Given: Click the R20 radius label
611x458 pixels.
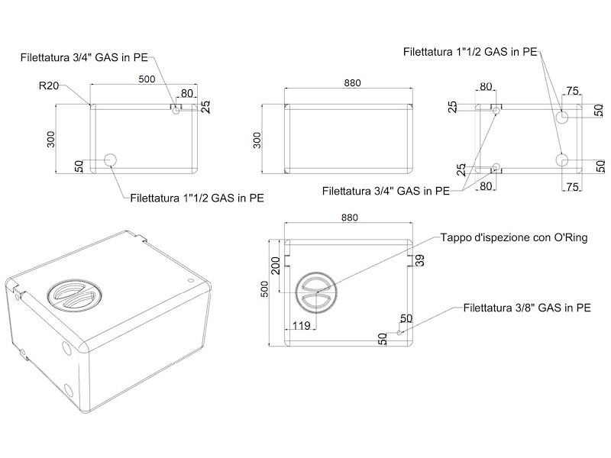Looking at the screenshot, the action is [49, 85].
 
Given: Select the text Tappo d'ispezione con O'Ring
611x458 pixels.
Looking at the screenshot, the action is [514, 237].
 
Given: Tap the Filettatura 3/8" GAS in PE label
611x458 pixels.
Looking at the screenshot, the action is [527, 308].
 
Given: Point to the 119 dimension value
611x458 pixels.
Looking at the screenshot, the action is [301, 326].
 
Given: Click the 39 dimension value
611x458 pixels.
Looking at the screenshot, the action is [419, 260].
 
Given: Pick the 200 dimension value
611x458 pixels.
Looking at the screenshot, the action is [276, 266].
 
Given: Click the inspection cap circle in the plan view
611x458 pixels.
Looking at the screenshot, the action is [315, 292].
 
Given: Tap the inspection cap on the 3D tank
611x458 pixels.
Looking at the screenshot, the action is [74, 294].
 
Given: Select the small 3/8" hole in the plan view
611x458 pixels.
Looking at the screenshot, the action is [399, 333].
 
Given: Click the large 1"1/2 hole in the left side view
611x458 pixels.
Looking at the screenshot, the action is [110, 160].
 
